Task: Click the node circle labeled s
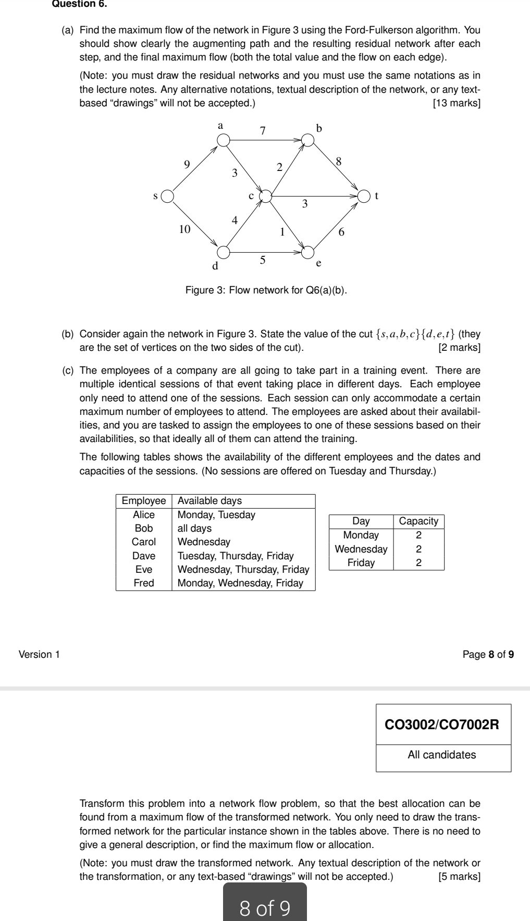click(x=167, y=197)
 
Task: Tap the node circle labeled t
click(x=365, y=197)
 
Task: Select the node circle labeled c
click(x=266, y=196)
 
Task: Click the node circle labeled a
click(x=224, y=140)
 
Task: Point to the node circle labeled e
click(x=309, y=252)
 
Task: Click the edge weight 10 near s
click(x=184, y=229)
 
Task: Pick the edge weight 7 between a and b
click(x=263, y=131)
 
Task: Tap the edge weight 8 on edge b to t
click(x=339, y=161)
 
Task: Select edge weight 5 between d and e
click(x=263, y=259)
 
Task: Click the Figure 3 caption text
click(x=266, y=289)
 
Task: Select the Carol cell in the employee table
click(x=144, y=542)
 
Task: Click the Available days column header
click(x=210, y=501)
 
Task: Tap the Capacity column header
click(x=418, y=521)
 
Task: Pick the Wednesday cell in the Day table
click(x=361, y=549)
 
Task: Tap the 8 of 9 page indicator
click(x=265, y=908)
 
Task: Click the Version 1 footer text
click(x=39, y=654)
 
